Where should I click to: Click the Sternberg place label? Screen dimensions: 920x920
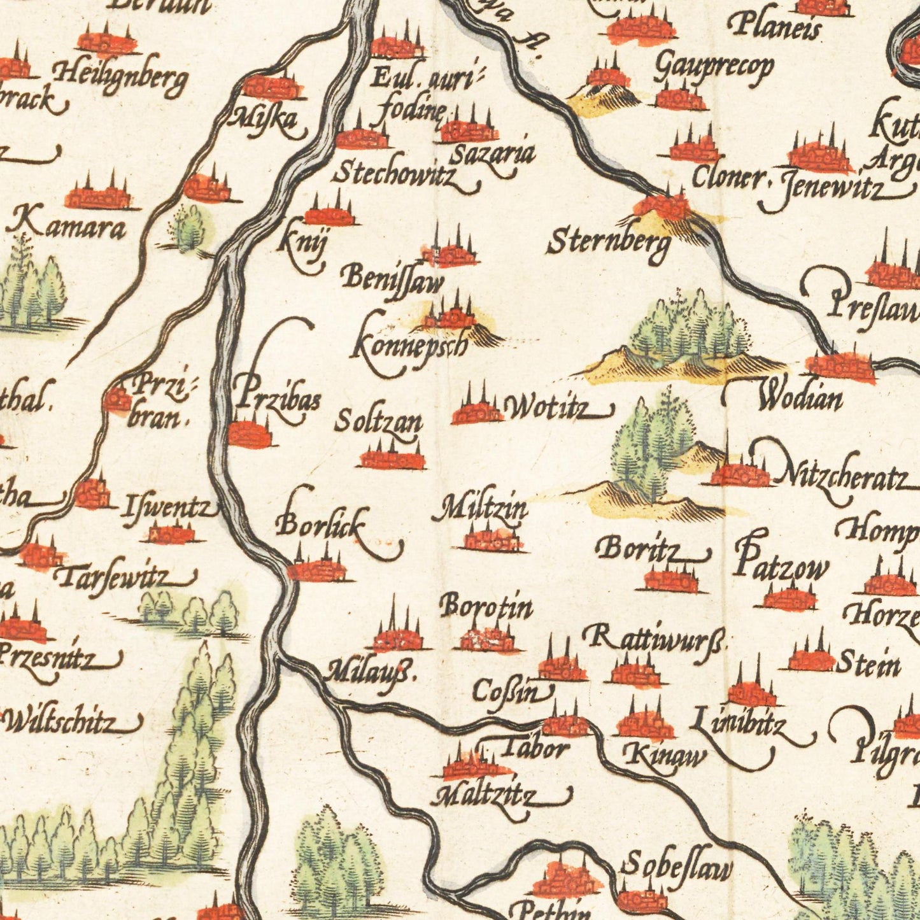tap(608, 243)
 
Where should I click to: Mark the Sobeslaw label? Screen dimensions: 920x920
tap(677, 866)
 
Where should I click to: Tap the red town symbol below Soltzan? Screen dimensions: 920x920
tap(392, 457)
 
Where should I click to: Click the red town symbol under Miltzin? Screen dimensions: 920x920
tap(491, 539)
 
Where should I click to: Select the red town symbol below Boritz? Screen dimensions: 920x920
tap(671, 579)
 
